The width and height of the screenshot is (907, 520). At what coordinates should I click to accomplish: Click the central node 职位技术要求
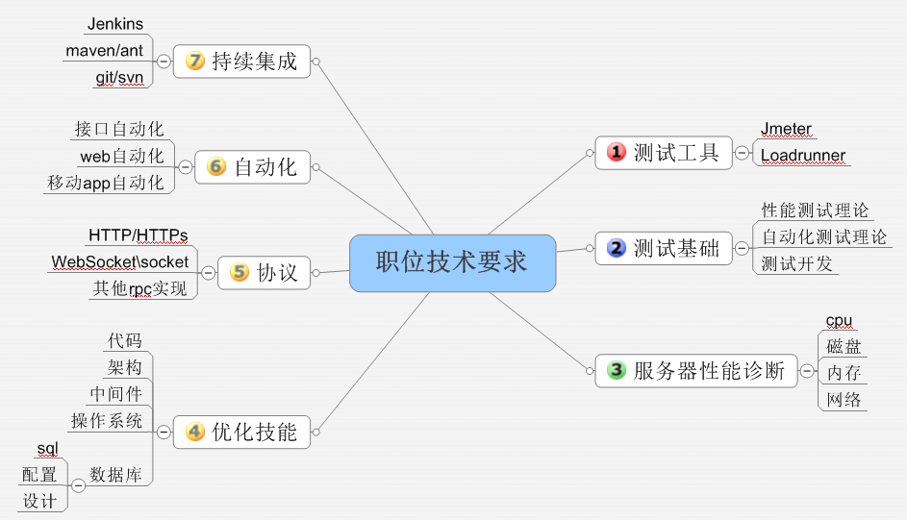click(452, 262)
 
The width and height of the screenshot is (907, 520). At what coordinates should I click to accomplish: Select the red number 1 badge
click(617, 152)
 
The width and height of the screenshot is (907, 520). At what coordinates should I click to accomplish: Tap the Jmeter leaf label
click(786, 129)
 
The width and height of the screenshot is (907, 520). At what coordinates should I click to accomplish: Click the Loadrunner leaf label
click(803, 156)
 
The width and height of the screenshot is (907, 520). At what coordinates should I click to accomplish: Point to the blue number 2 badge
click(617, 249)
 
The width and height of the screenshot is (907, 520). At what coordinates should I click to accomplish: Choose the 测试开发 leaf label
click(796, 263)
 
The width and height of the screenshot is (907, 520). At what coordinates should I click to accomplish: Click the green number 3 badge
click(617, 370)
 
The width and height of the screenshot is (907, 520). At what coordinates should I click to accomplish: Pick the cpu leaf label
click(839, 320)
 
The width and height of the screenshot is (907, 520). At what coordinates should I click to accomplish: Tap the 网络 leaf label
click(844, 400)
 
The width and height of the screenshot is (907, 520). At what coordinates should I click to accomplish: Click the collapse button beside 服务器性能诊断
click(807, 370)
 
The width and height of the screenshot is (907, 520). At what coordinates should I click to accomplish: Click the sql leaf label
click(47, 448)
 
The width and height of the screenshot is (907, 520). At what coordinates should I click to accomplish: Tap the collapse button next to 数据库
click(78, 485)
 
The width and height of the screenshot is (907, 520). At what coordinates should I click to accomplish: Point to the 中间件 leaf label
click(115, 394)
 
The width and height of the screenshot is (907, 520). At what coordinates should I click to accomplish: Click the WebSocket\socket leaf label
click(120, 261)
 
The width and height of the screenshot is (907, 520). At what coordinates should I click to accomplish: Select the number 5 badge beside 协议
click(239, 272)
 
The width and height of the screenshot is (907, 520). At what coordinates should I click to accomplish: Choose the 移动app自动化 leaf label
click(105, 183)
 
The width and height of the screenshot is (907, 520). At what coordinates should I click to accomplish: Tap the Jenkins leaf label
click(114, 23)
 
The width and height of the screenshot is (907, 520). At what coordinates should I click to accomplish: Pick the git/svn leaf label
click(118, 77)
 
